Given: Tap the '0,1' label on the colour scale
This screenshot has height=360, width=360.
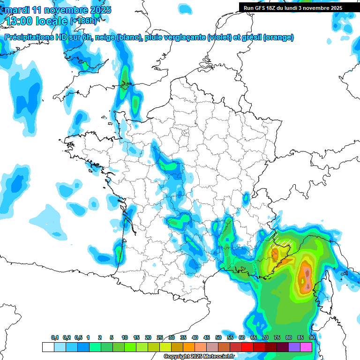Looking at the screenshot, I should point(55,337).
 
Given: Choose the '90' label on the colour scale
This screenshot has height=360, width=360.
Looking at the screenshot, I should point(312,337).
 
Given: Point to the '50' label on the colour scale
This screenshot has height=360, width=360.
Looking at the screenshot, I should point(218,337).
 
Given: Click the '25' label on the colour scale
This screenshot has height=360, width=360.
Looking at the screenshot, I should point(160,337).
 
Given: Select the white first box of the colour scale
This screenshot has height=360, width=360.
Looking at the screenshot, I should point(48,347).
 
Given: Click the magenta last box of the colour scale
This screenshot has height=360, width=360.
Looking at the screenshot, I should point(306,347).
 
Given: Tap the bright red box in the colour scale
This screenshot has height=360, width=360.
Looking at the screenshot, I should point(247,347).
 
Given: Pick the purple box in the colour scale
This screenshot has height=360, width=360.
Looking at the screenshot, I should point(294,347).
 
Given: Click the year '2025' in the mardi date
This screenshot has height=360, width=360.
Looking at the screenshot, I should point(99,10).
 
